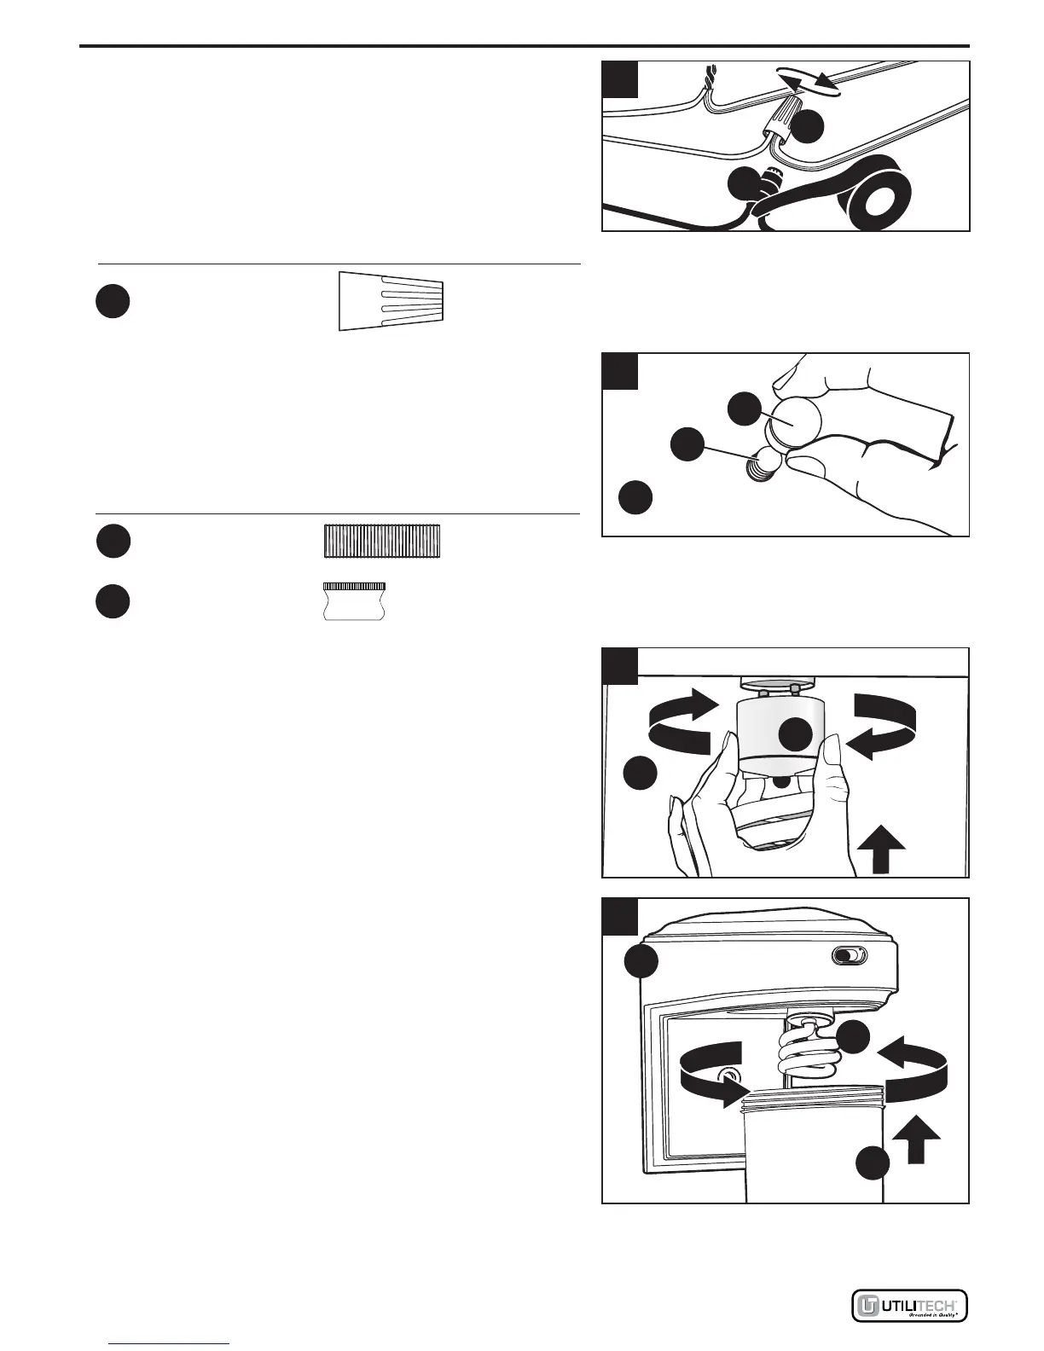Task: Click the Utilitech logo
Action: [909, 1306]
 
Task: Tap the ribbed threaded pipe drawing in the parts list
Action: [383, 541]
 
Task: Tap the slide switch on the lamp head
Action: [849, 957]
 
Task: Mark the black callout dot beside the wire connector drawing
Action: [113, 301]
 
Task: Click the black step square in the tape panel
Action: [620, 78]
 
